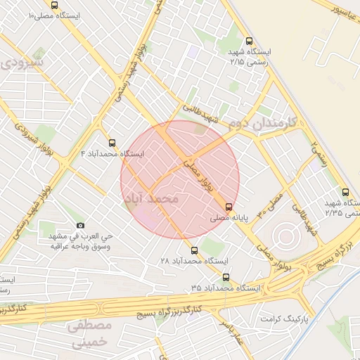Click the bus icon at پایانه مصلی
(x=229, y=206)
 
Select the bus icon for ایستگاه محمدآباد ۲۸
(x=194, y=249)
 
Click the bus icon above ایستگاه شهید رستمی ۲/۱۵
(x=248, y=41)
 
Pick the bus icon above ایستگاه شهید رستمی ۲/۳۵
(x=344, y=191)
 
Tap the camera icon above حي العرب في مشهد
(x=80, y=226)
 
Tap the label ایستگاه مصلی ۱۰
(x=53, y=14)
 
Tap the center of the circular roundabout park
(x=283, y=235)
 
